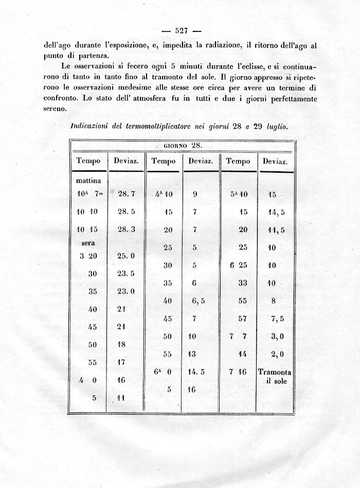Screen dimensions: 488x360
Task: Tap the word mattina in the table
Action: [92, 180]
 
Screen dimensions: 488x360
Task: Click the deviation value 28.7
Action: [126, 194]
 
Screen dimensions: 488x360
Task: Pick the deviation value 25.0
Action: [126, 256]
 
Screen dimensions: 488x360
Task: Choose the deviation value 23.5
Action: [126, 274]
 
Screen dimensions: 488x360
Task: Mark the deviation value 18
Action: [122, 344]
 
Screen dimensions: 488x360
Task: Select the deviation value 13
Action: [192, 354]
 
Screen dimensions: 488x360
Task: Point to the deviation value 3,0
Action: [277, 336]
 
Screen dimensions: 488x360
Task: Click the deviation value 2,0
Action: [277, 354]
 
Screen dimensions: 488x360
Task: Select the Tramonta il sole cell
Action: [275, 377]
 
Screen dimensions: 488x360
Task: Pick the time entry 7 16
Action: [238, 372]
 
